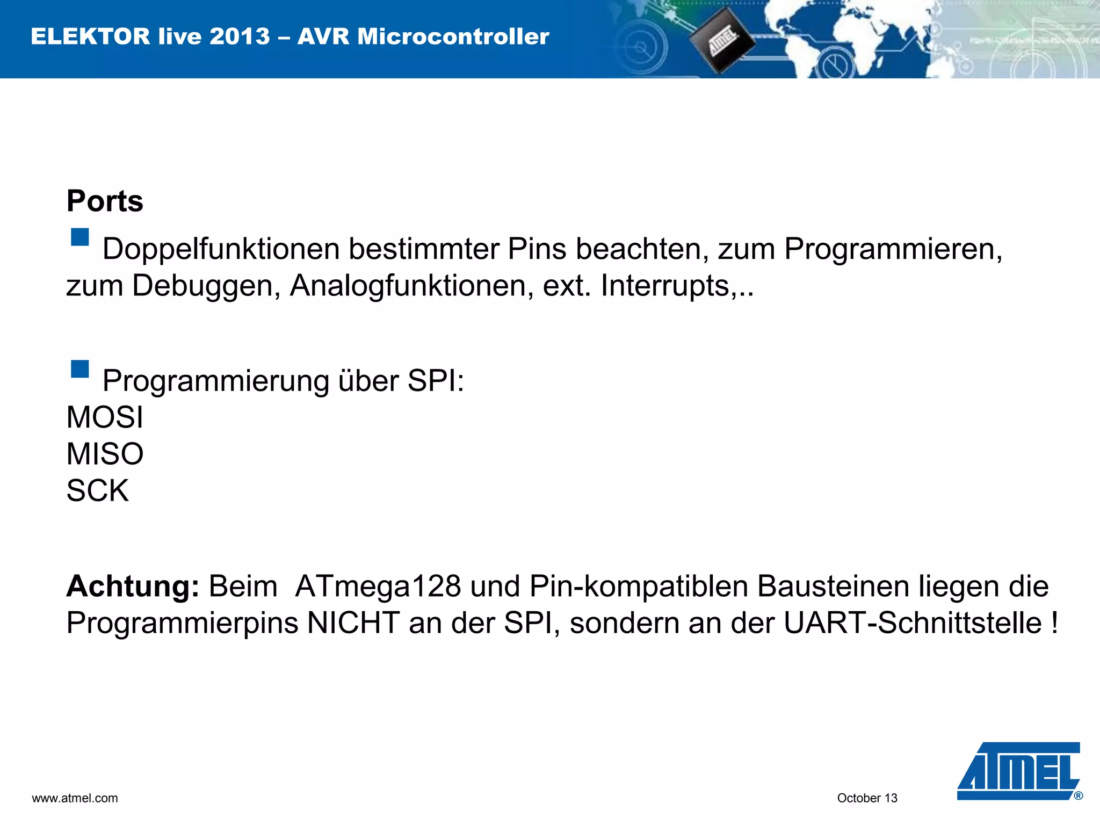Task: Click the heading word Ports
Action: [x=105, y=201]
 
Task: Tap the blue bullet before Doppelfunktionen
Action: [x=80, y=237]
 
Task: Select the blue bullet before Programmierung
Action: [x=80, y=369]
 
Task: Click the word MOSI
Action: [x=105, y=417]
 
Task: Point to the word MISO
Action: [x=105, y=454]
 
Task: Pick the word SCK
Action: [x=98, y=490]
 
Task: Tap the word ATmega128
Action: [x=378, y=586]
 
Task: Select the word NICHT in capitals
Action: [x=353, y=623]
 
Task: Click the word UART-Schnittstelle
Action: [x=913, y=623]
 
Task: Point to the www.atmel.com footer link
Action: [x=75, y=798]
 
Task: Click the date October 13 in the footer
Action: [x=867, y=798]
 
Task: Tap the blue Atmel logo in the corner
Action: [x=1018, y=771]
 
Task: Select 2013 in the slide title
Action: [x=240, y=37]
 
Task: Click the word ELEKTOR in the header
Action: [x=90, y=37]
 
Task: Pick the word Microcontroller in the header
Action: [x=453, y=37]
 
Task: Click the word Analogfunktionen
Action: [x=411, y=286]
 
